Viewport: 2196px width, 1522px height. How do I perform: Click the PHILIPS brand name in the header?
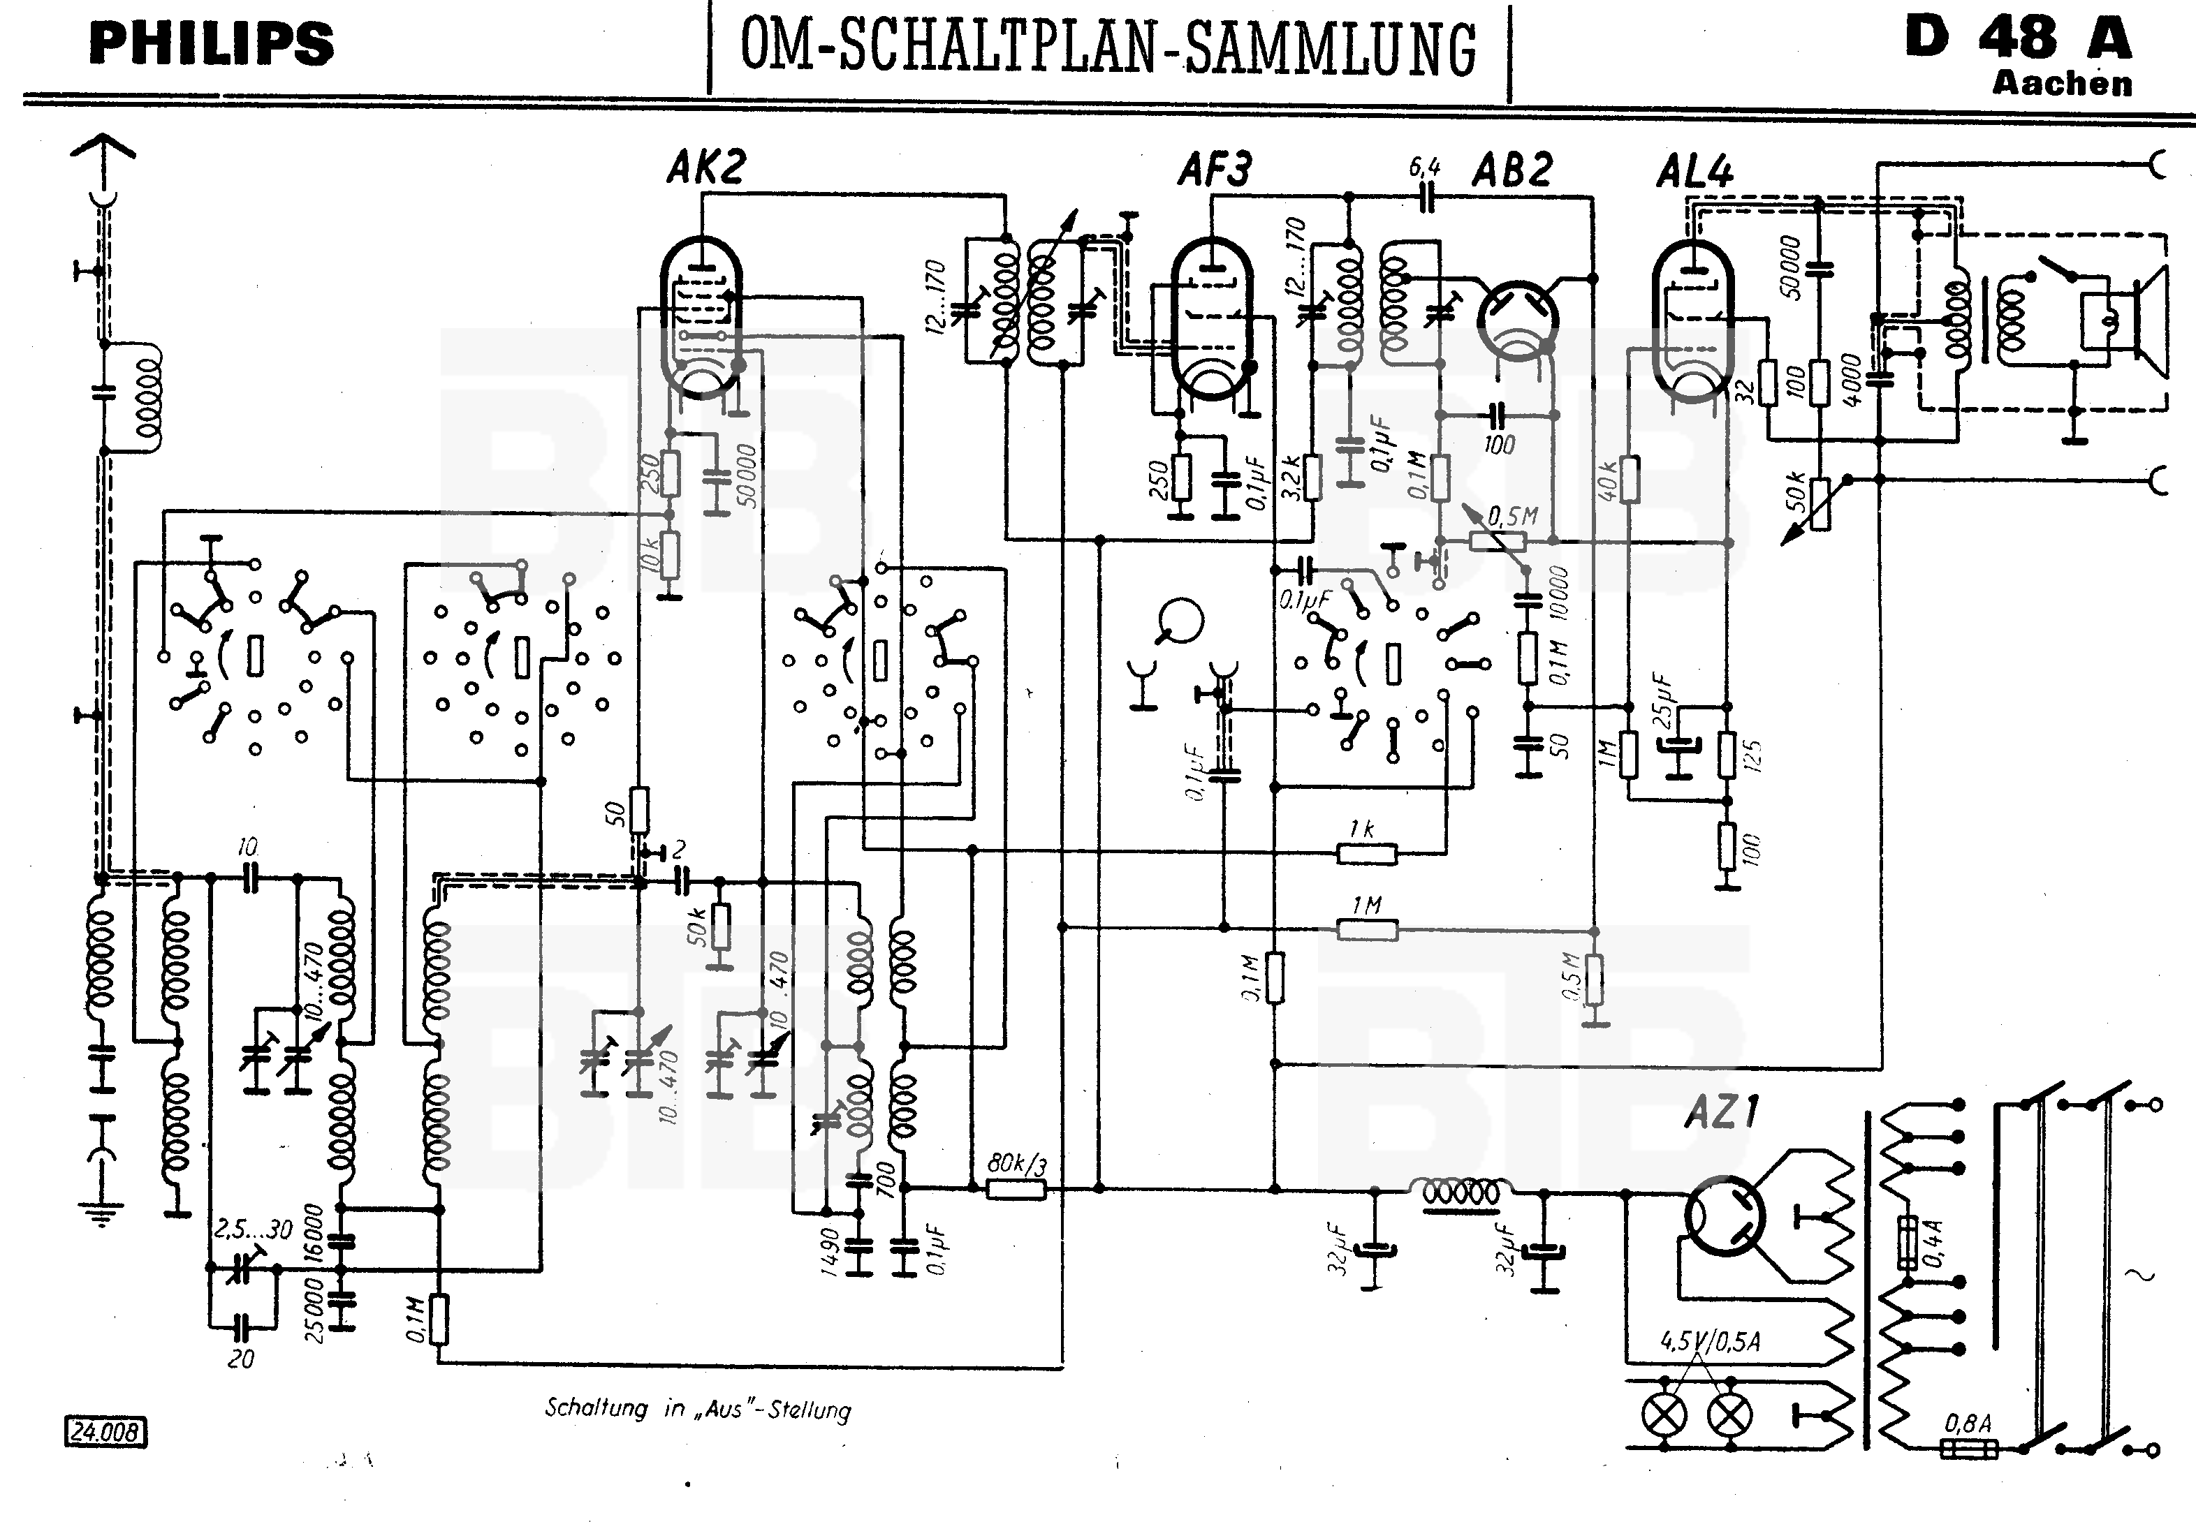pos(211,43)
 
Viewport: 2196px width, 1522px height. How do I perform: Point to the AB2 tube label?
pos(1512,170)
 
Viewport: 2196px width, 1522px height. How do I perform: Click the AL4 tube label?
pos(1694,172)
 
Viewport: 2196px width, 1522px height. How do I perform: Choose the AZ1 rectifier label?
pos(1722,1112)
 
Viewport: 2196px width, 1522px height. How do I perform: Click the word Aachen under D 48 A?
pos(2061,84)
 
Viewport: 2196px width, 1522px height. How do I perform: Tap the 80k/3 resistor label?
pos(1017,1163)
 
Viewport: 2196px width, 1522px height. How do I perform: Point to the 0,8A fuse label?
pos(1968,1424)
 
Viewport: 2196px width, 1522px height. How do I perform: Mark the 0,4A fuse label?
pos(1933,1243)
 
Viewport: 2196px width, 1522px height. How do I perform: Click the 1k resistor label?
pos(1361,829)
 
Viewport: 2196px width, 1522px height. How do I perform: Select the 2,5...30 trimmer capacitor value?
pos(252,1229)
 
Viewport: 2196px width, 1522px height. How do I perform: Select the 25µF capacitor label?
pos(1662,699)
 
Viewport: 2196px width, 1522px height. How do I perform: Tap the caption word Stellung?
pos(809,1410)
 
